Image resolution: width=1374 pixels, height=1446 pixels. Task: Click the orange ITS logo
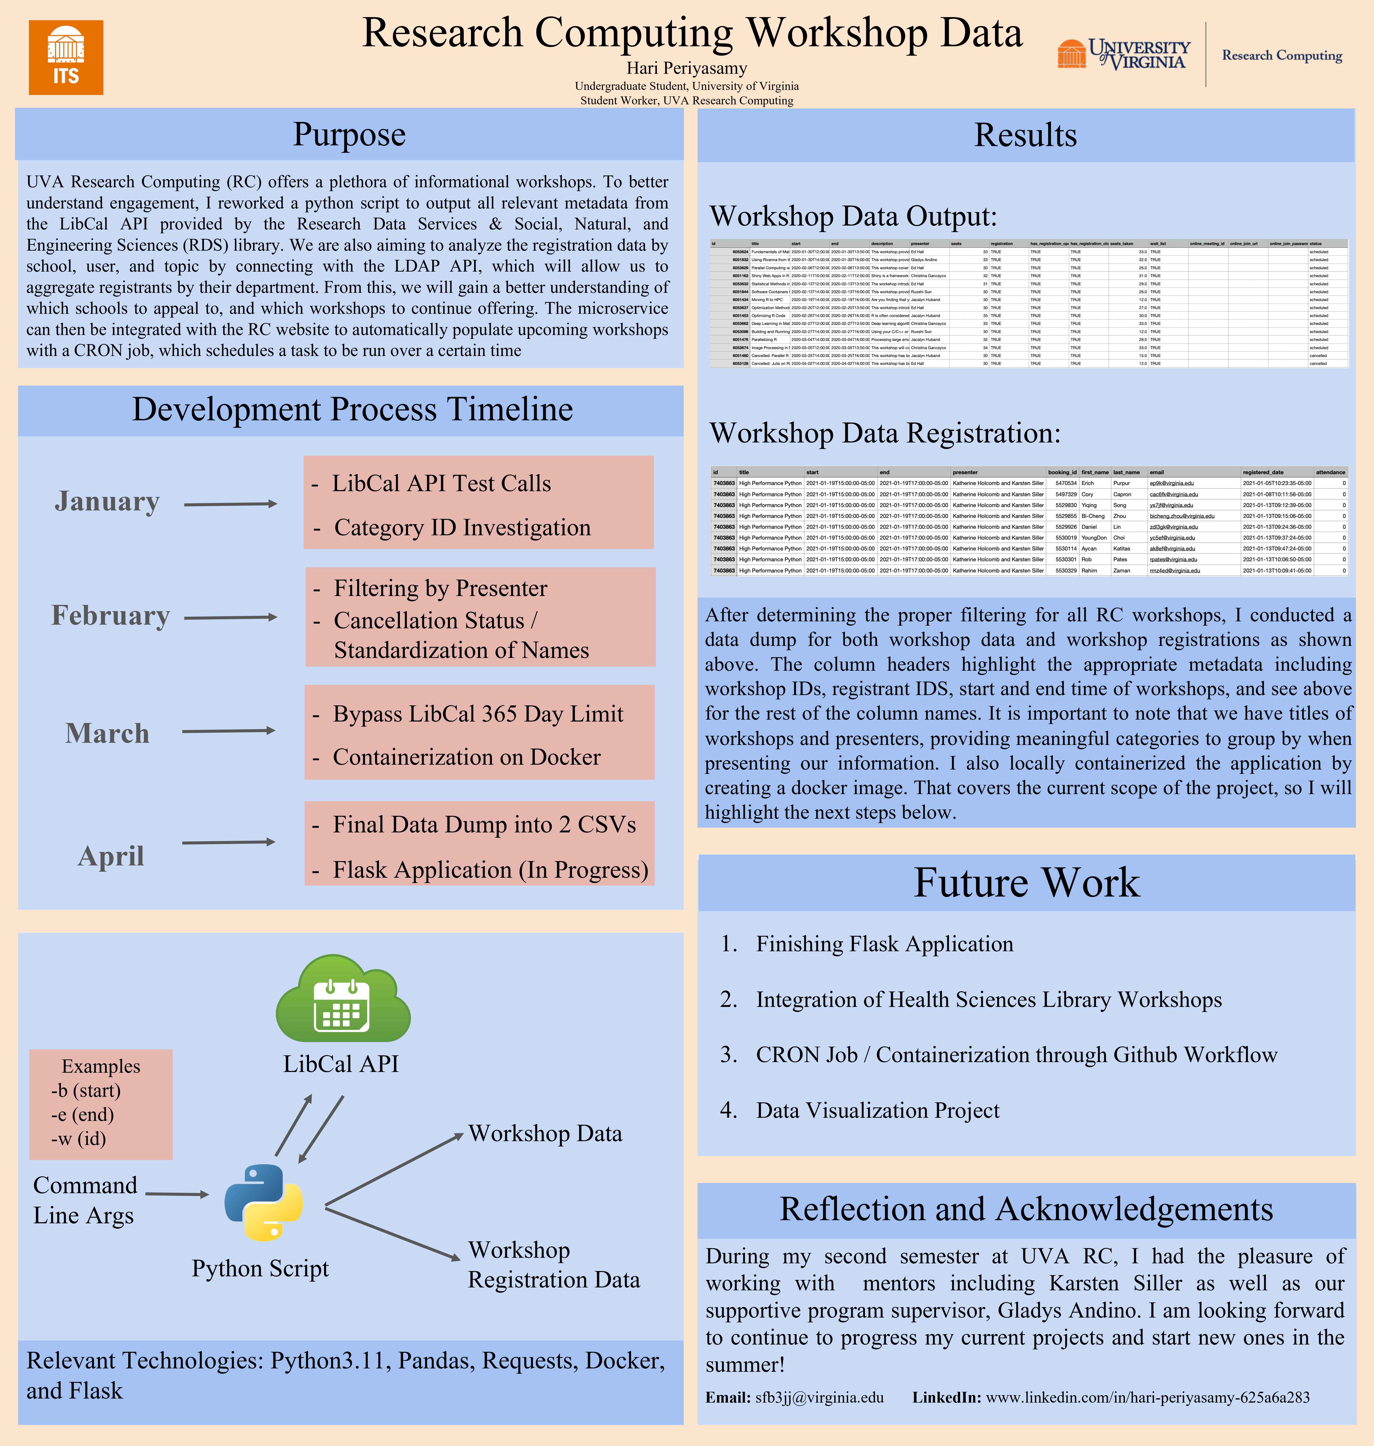(x=66, y=58)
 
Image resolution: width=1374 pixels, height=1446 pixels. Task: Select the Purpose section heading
(x=349, y=135)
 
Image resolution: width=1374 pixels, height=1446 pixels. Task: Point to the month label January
(x=107, y=502)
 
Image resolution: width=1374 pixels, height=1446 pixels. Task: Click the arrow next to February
(x=230, y=618)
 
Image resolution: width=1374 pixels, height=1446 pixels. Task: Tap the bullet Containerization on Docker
(x=466, y=757)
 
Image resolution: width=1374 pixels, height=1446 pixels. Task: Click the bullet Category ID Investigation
(x=462, y=528)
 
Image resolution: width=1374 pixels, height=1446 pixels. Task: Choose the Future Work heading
(x=1026, y=883)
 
